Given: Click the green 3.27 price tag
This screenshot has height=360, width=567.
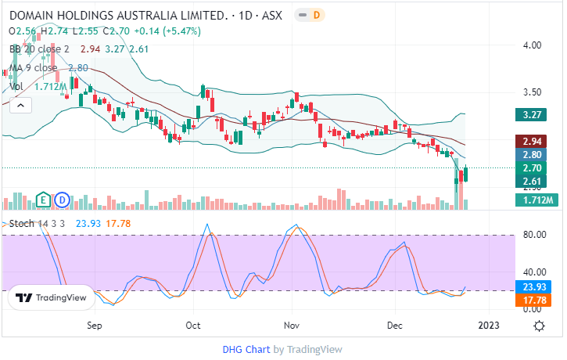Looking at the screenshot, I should (x=535, y=115).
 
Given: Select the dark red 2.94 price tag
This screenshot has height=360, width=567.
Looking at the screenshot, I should (x=535, y=142).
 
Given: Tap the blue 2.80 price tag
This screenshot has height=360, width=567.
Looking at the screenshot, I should (x=535, y=155).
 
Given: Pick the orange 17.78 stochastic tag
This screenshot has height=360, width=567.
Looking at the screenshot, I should (x=535, y=301).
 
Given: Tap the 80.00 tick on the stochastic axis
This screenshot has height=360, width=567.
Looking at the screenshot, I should (x=534, y=234).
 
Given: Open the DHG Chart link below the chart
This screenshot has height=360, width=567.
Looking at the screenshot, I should (x=245, y=350).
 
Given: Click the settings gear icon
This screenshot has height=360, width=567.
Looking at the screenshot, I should (x=539, y=326).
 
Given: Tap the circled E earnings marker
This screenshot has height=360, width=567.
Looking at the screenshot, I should (x=44, y=200).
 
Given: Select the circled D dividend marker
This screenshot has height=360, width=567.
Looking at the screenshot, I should (x=62, y=200).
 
